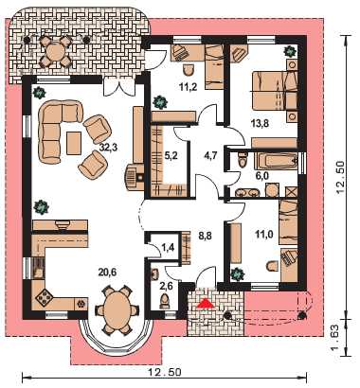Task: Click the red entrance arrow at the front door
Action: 205,303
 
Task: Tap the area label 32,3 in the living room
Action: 108,148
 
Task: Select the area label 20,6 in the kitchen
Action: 107,272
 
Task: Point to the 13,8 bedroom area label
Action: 260,123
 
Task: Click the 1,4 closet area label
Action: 168,247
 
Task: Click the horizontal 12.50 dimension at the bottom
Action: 165,372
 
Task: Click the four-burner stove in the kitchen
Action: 44,296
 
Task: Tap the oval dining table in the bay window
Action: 117,309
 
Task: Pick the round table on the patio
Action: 55,50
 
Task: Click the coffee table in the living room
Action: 74,143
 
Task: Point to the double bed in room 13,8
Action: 275,91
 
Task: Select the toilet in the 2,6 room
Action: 165,302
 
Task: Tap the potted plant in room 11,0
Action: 238,274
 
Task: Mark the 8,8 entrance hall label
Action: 205,235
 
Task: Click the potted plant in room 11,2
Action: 159,101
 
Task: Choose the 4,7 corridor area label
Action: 209,156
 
